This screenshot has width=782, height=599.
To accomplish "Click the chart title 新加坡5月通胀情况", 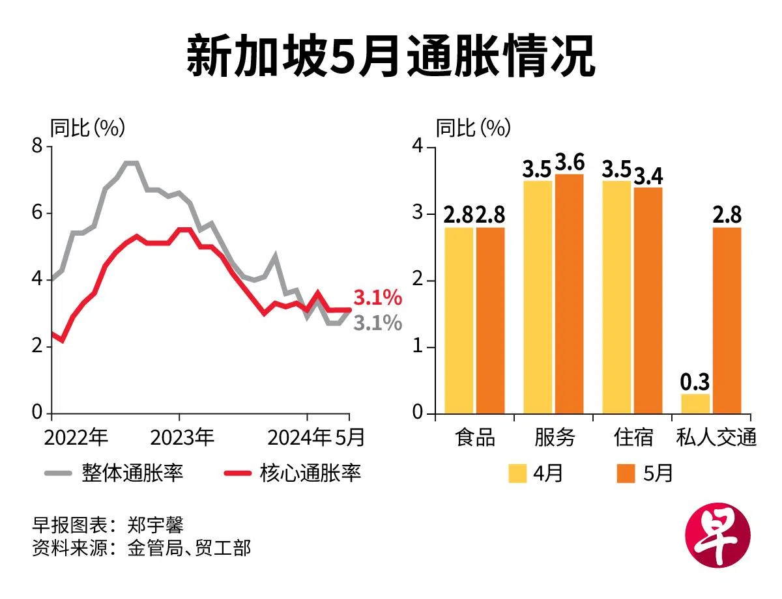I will pyautogui.click(x=390, y=57).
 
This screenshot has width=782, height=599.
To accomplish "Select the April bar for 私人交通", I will pyautogui.click(x=696, y=404).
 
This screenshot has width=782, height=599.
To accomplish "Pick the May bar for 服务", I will pyautogui.click(x=569, y=293).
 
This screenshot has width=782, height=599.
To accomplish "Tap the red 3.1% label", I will pyautogui.click(x=377, y=298).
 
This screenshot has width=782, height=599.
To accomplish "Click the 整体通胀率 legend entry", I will pyautogui.click(x=114, y=473).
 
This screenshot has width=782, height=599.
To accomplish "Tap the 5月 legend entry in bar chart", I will pyautogui.click(x=644, y=473).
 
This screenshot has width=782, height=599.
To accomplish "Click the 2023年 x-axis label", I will pyautogui.click(x=182, y=438).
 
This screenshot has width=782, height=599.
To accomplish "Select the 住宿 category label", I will pyautogui.click(x=633, y=438).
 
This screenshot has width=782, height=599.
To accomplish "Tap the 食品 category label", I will pyautogui.click(x=474, y=438).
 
